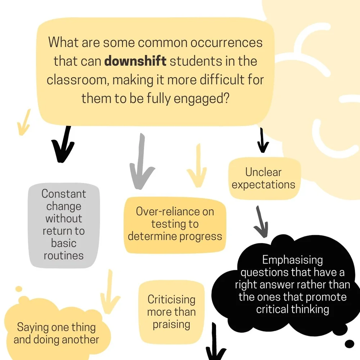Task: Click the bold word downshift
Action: pos(135,61)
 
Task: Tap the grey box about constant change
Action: pos(64,225)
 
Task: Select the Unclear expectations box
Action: pos(264,178)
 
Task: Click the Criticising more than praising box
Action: pos(171,312)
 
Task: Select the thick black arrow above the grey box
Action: pos(64,144)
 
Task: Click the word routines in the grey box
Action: pos(64,256)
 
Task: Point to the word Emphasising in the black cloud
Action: pos(292,260)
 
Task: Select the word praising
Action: pos(171,324)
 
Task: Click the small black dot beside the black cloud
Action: pos(349,344)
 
